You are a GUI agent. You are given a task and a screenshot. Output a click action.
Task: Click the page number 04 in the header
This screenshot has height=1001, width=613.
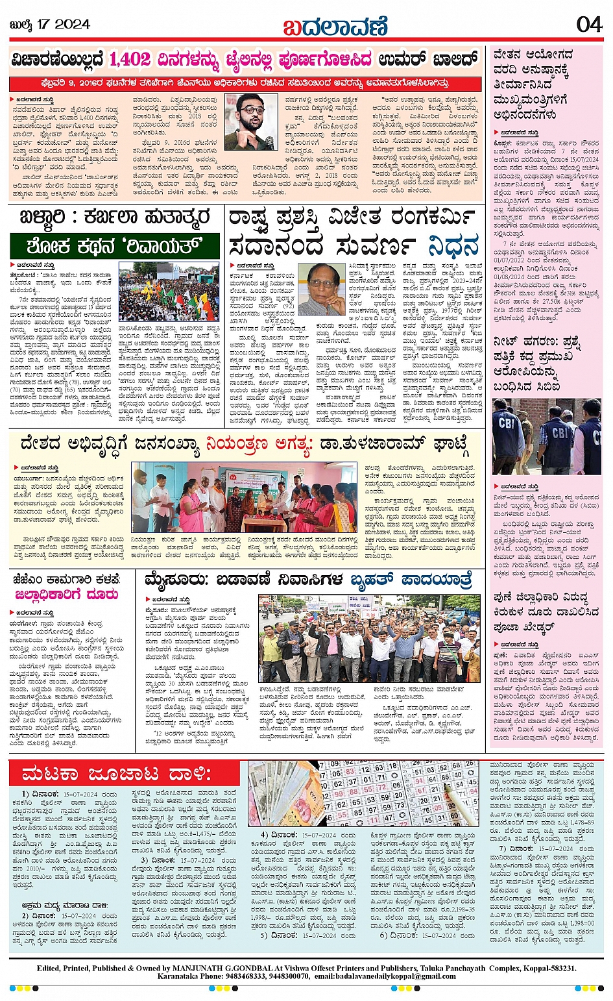[589, 24]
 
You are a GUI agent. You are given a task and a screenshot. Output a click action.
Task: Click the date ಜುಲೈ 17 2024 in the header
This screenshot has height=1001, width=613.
[50, 25]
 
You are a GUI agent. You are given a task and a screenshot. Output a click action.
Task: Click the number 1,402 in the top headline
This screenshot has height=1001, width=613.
[130, 60]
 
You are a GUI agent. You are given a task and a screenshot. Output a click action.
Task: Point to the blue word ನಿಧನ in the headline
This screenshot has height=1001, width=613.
[453, 246]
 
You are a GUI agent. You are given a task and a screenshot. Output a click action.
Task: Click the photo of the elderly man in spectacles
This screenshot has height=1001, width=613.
[321, 289]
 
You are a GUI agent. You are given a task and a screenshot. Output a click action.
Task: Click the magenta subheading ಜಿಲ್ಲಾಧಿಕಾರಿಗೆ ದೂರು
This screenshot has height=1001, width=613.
[66, 595]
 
